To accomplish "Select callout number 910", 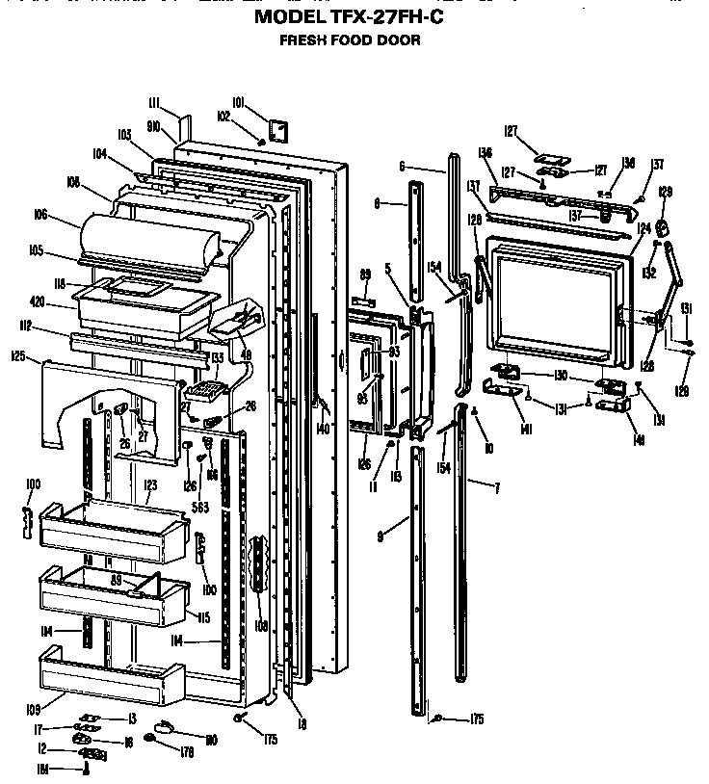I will (153, 126).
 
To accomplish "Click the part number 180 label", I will (211, 739).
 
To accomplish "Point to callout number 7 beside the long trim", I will (497, 489).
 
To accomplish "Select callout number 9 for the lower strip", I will (382, 536).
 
